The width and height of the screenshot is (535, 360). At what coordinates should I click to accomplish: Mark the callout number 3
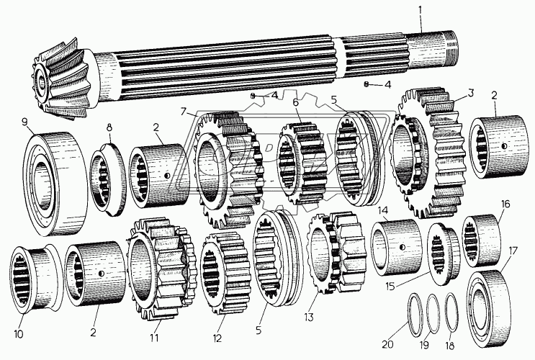(470, 93)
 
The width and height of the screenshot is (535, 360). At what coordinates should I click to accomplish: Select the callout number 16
(505, 204)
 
